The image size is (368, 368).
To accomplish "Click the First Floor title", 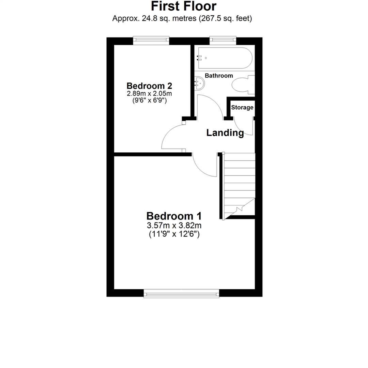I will (x=184, y=6).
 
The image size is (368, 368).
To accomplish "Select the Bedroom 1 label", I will (x=174, y=216).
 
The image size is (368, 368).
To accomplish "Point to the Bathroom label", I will (x=219, y=76).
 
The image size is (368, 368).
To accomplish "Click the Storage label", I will (x=242, y=108).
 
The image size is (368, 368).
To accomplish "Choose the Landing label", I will (x=225, y=133).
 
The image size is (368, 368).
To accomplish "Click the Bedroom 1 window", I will (x=181, y=293).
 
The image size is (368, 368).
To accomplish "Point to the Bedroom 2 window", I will (x=151, y=41).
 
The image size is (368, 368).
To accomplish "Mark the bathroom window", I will (x=223, y=41).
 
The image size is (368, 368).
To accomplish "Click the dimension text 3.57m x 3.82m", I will (x=174, y=226).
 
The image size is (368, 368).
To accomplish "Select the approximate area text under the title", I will (x=182, y=18).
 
